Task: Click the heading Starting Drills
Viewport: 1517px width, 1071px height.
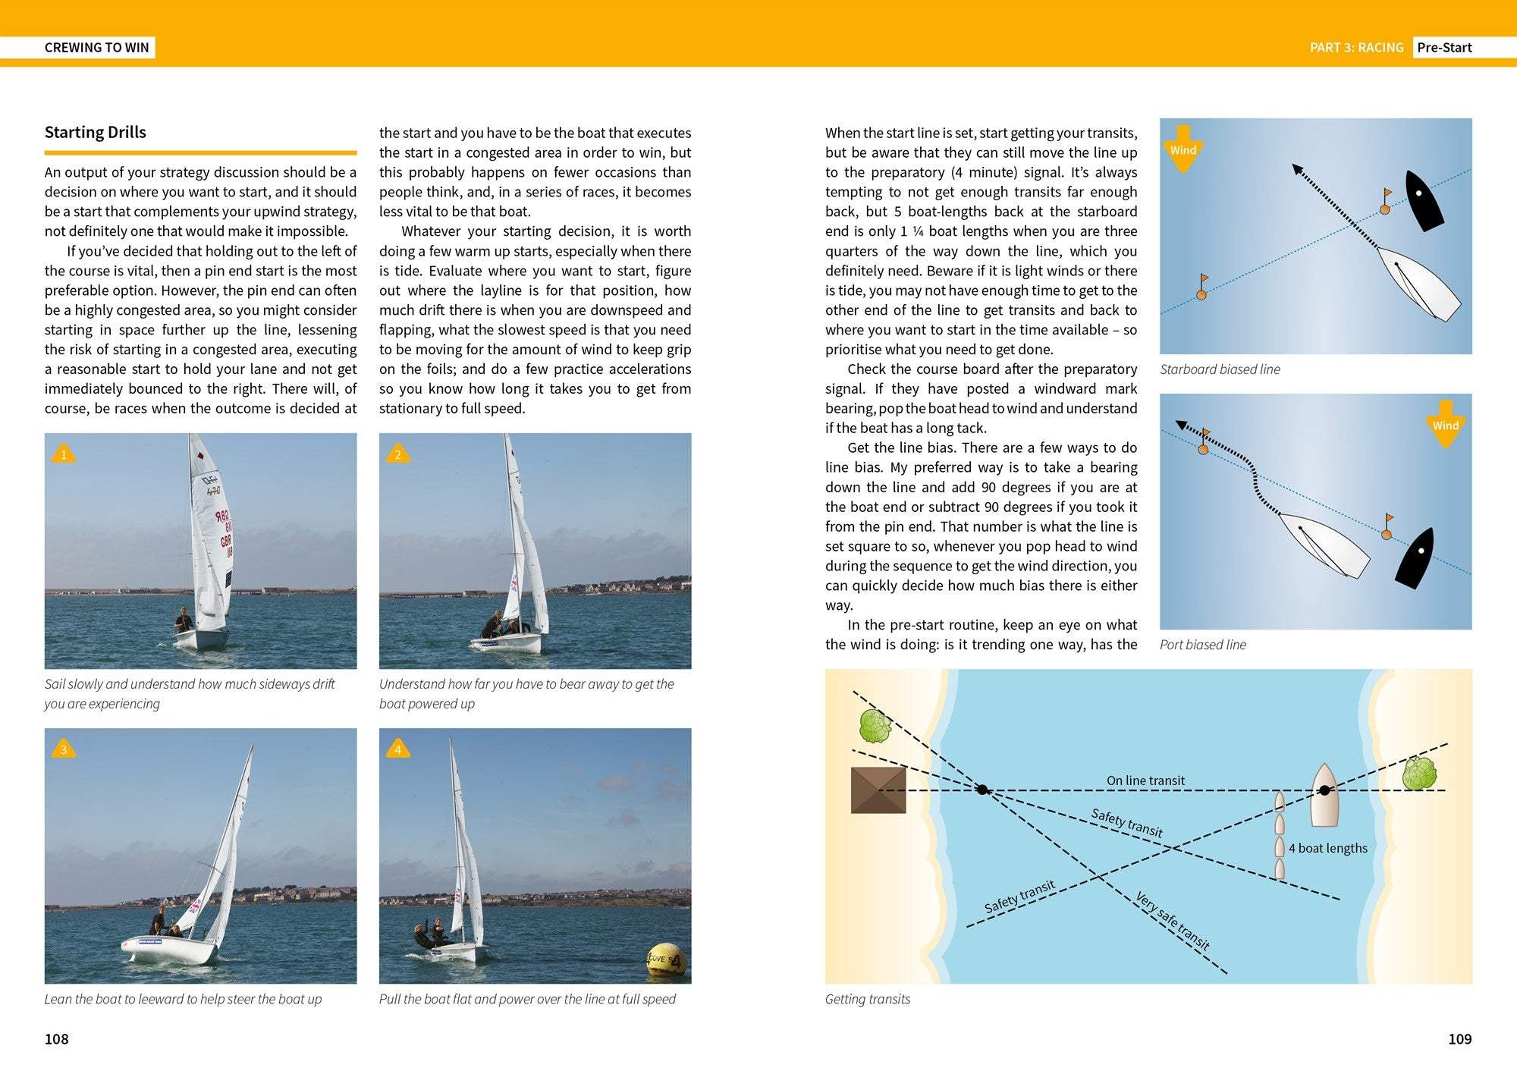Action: pyautogui.click(x=96, y=133)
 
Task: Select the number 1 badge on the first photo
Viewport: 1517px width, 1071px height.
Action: pyautogui.click(x=64, y=454)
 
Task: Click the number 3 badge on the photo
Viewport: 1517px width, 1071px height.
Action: pyautogui.click(x=64, y=749)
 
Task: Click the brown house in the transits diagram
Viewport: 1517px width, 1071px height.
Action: pyautogui.click(x=878, y=790)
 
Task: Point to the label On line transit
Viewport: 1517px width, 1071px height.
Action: pyautogui.click(x=1145, y=780)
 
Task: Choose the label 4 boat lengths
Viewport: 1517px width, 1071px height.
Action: pyautogui.click(x=1328, y=848)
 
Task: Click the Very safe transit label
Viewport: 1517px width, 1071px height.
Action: pyautogui.click(x=1172, y=921)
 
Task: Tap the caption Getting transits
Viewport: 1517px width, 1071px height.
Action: pyautogui.click(x=868, y=999)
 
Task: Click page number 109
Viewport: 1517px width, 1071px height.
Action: pyautogui.click(x=1459, y=1038)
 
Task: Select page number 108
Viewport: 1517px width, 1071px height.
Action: pyautogui.click(x=57, y=1038)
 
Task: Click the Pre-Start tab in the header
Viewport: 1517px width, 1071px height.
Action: pyautogui.click(x=1444, y=47)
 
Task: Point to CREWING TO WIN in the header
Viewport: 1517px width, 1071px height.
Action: pyautogui.click(x=97, y=47)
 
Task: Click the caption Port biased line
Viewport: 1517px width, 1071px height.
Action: pyautogui.click(x=1203, y=645)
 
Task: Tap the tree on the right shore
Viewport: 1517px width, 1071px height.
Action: pyautogui.click(x=1418, y=774)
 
